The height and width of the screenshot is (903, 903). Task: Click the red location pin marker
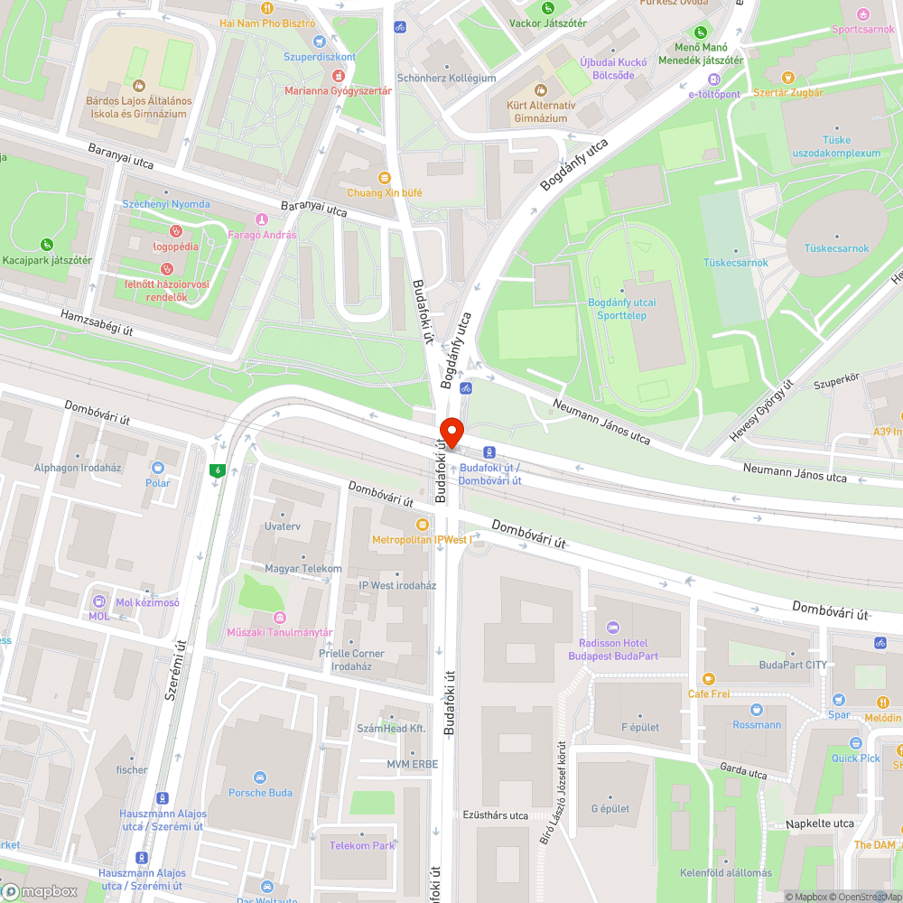point(451,431)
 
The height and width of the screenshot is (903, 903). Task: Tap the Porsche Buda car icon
point(260,777)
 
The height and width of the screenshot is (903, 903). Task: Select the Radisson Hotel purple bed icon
point(613,627)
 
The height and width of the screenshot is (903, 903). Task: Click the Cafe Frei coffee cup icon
point(709,678)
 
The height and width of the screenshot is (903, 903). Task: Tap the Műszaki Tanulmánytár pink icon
point(280,618)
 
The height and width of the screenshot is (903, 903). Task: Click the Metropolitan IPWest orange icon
point(421,525)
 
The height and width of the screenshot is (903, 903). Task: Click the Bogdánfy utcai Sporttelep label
point(621,309)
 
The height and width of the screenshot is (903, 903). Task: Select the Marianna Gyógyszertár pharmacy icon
point(338,76)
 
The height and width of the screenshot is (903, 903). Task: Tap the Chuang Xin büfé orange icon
point(385,178)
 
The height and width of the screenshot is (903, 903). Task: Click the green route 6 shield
point(217,470)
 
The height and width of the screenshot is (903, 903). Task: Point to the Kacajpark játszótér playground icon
point(46,244)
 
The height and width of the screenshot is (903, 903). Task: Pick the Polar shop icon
point(158,468)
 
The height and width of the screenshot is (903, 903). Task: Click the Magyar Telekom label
point(303,569)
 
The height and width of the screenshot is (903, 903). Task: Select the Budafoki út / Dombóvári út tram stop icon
point(489,452)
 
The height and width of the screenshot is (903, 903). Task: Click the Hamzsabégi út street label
point(98,322)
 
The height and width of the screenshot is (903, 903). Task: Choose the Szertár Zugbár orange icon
point(787,78)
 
